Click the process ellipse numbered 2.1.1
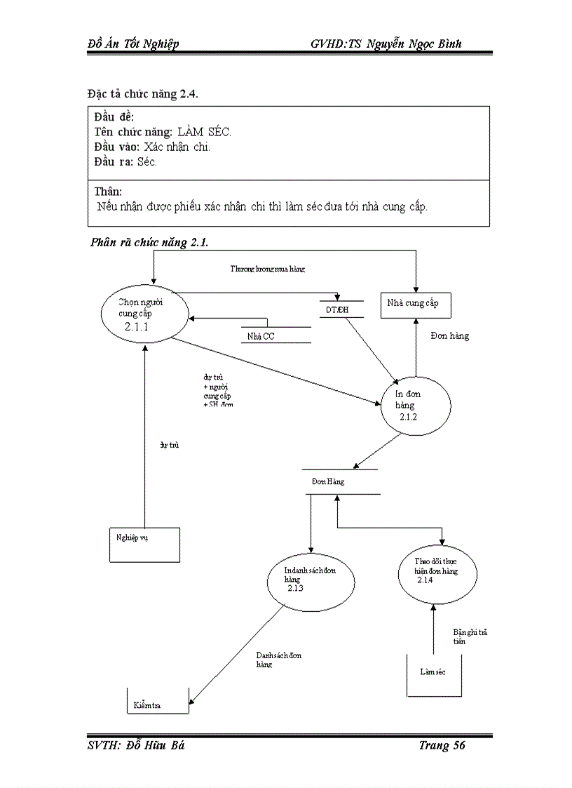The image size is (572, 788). point(144,314)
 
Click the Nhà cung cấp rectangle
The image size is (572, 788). point(416,304)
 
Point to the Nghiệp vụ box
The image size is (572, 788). point(144,544)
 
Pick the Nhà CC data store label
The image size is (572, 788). point(261,337)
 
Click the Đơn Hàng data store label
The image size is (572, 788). point(328,482)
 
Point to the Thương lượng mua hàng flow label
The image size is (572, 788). point(268,269)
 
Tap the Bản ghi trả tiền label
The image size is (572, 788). point(470,636)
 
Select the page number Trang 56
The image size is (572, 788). point(442,745)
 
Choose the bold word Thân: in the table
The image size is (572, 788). point(108,192)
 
